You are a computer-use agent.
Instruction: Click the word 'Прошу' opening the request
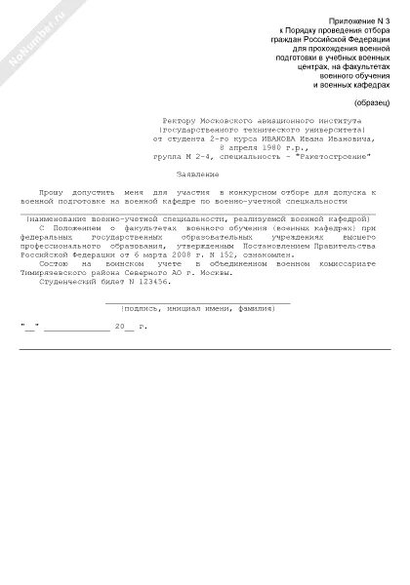pos(50,194)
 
